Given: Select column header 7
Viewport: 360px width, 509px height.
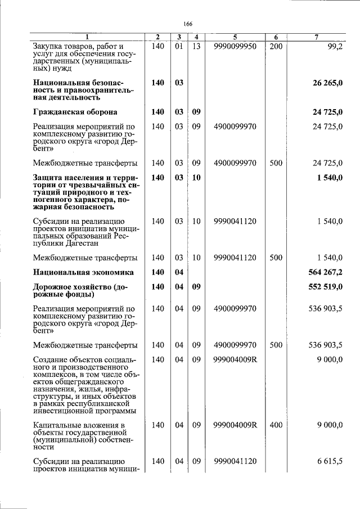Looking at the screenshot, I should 317,37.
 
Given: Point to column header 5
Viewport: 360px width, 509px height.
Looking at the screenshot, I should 235,37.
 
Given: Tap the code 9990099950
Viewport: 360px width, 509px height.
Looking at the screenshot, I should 235,46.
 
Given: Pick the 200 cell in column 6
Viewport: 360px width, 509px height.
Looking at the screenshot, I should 276,46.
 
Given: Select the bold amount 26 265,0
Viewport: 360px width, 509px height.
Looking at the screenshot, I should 328,83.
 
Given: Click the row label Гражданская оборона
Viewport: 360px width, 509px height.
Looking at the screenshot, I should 75,112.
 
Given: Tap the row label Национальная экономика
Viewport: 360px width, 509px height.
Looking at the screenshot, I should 83,272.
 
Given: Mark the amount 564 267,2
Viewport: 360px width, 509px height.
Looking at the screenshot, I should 326,272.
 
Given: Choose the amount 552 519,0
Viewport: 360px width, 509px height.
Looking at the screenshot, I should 326,287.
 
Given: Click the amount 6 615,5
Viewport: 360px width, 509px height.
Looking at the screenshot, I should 330,461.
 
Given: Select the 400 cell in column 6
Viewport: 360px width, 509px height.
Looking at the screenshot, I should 276,425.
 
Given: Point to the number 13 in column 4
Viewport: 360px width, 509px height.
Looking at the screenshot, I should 196,46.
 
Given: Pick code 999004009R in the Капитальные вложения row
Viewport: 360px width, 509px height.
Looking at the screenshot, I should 235,425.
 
